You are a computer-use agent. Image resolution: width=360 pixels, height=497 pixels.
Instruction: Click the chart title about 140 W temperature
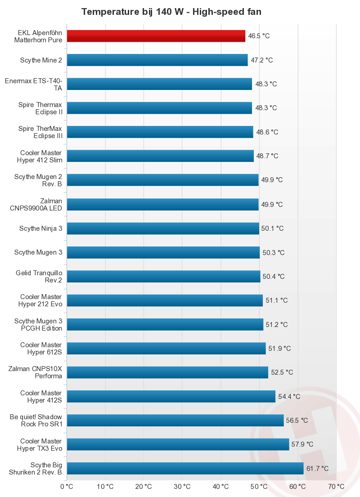(171, 12)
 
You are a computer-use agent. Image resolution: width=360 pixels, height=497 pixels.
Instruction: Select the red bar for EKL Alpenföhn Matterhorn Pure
(156, 36)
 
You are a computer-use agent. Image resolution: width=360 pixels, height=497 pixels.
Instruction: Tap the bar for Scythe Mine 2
(157, 60)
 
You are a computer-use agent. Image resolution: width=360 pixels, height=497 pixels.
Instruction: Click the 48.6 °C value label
(267, 132)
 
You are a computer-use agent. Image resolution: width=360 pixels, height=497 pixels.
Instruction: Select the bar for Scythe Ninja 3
(163, 228)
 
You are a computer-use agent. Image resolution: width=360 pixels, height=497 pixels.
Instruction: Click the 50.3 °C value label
(274, 253)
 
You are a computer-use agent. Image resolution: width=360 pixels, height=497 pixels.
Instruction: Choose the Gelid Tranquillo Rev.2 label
(39, 277)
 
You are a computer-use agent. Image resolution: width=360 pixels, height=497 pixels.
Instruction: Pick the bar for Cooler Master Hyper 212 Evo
(165, 300)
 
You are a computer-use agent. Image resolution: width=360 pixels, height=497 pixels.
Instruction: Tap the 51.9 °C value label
(280, 349)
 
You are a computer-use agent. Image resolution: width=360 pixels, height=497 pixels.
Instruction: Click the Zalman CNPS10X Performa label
(36, 372)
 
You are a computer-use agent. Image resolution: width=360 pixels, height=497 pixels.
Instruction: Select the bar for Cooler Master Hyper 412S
(171, 396)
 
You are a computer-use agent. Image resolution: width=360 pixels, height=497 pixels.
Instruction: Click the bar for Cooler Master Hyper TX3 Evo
(178, 444)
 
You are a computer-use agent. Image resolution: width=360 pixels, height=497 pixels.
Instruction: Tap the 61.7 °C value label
(318, 469)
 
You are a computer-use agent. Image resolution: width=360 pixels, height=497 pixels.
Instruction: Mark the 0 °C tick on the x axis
(67, 486)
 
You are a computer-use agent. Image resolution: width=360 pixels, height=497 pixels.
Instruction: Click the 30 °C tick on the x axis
(182, 486)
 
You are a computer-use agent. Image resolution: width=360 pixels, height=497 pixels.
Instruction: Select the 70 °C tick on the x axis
(336, 486)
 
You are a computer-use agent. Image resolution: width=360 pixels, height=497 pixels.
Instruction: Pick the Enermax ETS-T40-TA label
(33, 84)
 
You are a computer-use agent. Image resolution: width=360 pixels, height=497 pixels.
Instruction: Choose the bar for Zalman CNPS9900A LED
(162, 204)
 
